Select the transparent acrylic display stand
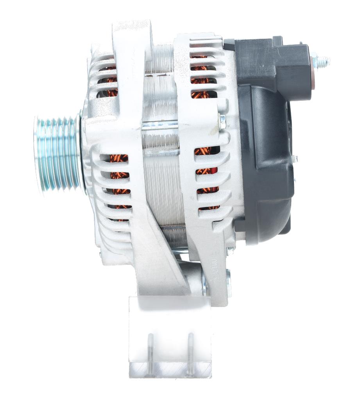click(x=170, y=336)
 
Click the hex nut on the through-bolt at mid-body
click(x=222, y=121)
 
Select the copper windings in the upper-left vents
click(x=111, y=78)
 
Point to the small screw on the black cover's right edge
click(x=295, y=159)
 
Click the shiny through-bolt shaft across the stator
click(x=160, y=126)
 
